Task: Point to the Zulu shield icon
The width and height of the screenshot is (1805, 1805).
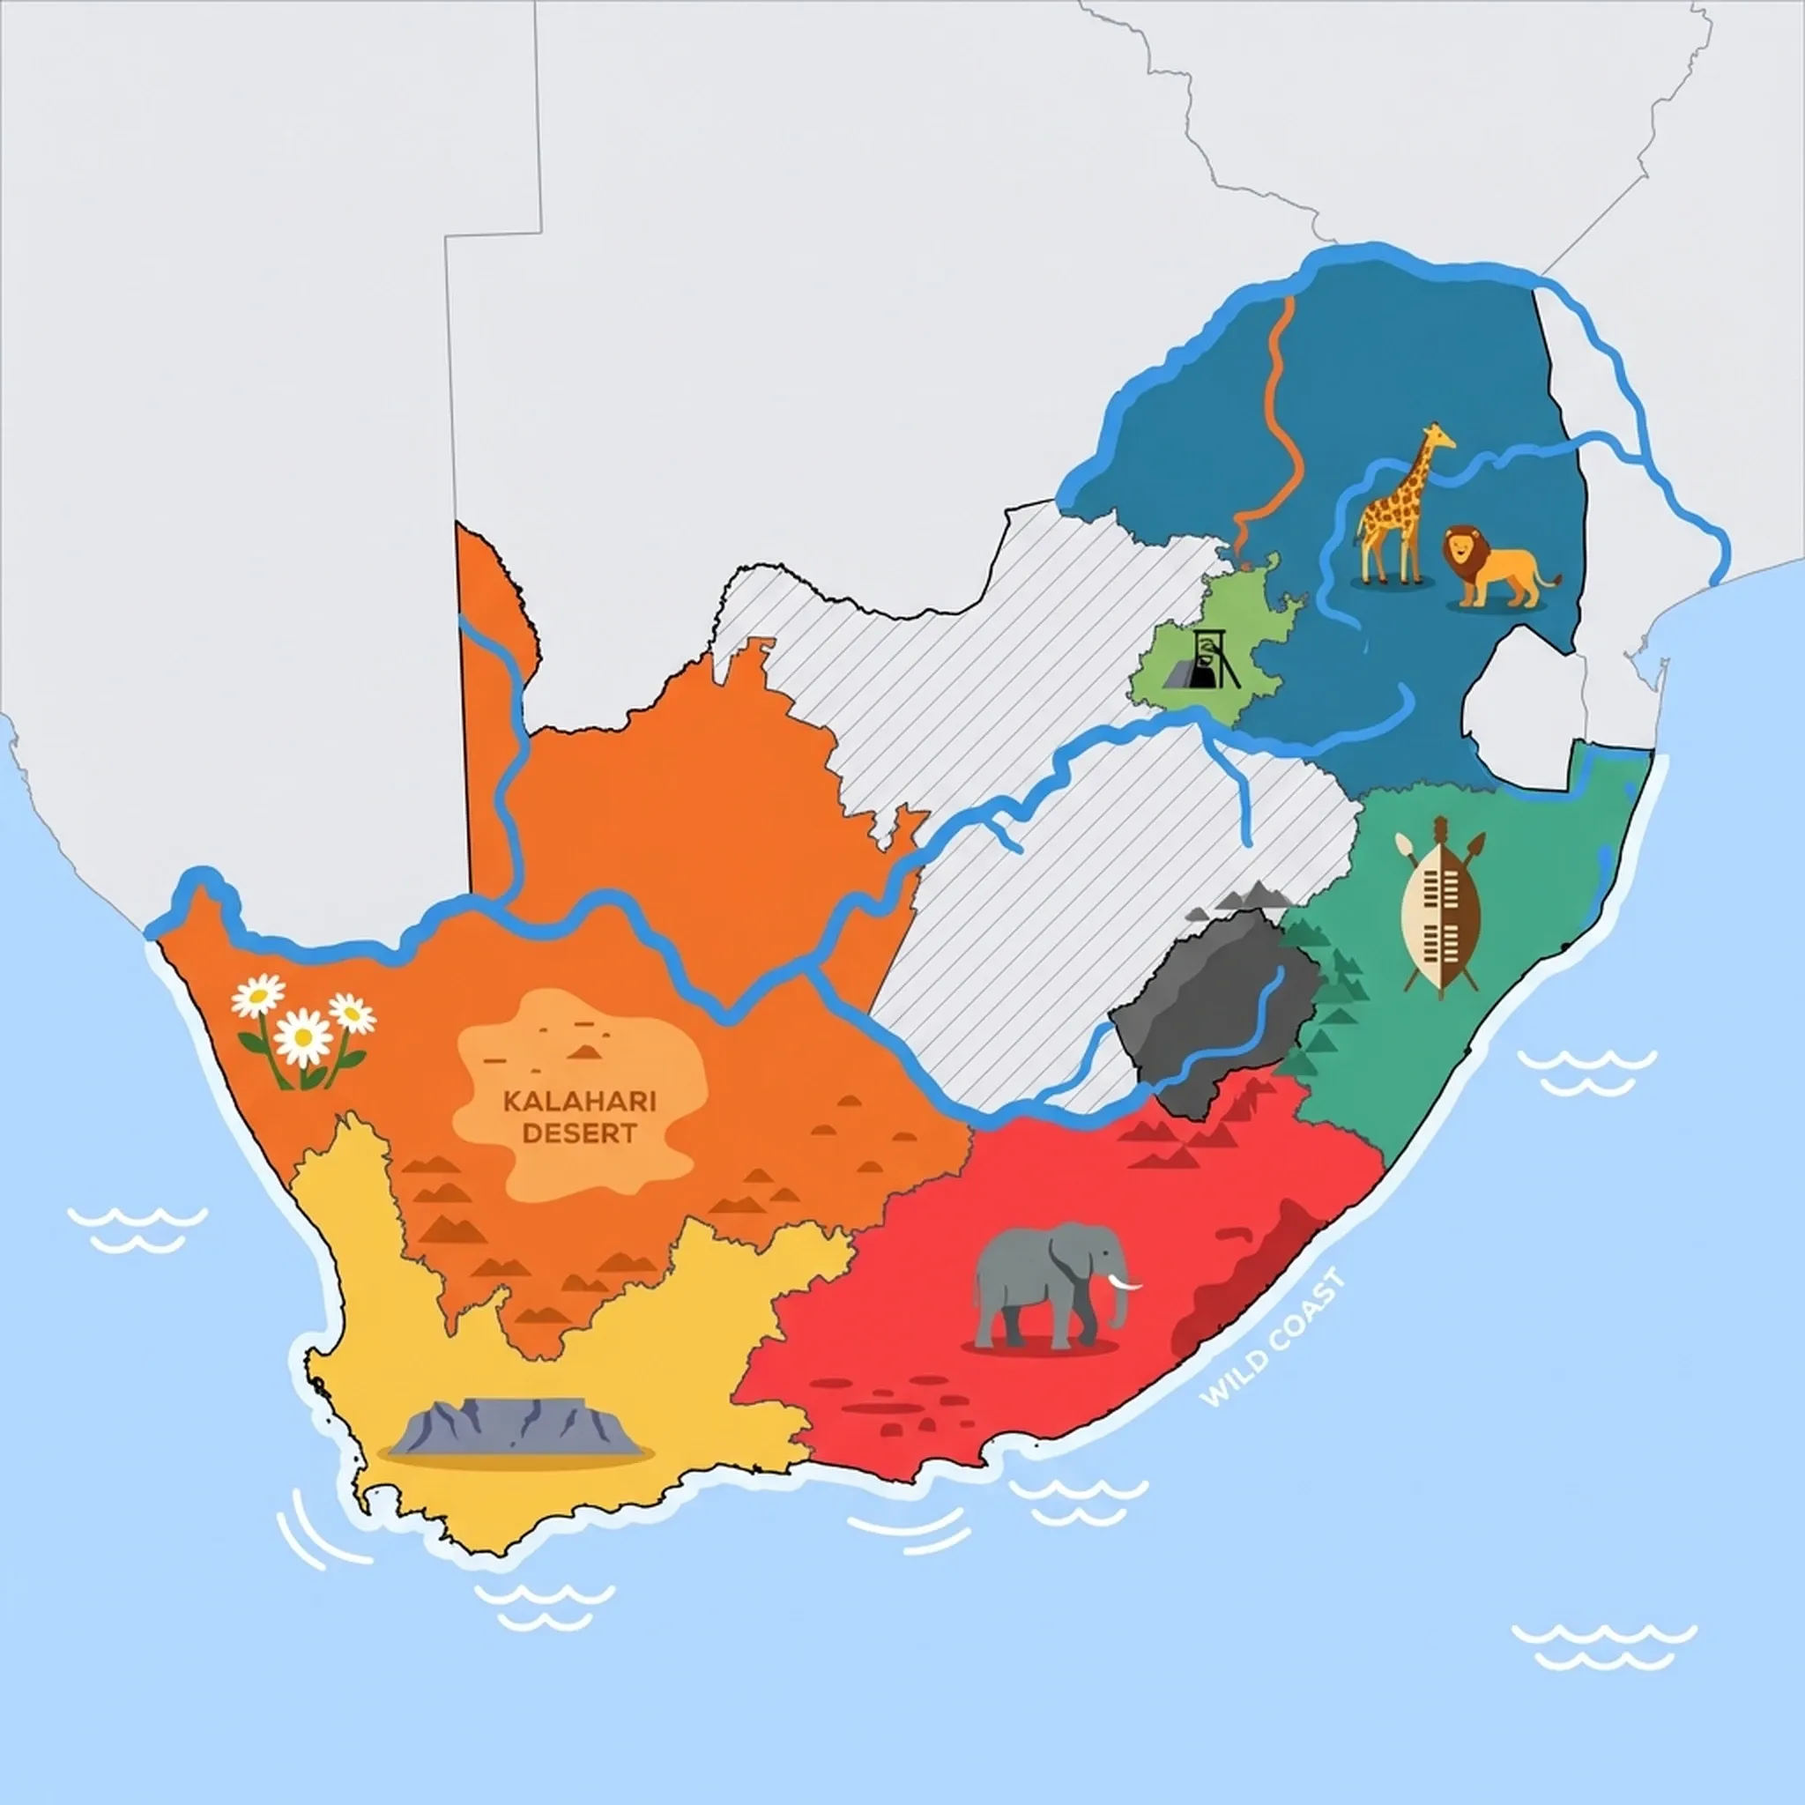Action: click(1442, 902)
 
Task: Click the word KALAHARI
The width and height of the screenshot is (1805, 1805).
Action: click(579, 1102)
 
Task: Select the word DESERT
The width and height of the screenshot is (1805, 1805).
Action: click(579, 1134)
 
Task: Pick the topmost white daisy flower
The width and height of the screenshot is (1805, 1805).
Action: click(258, 995)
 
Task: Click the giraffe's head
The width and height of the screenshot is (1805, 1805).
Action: click(1433, 437)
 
